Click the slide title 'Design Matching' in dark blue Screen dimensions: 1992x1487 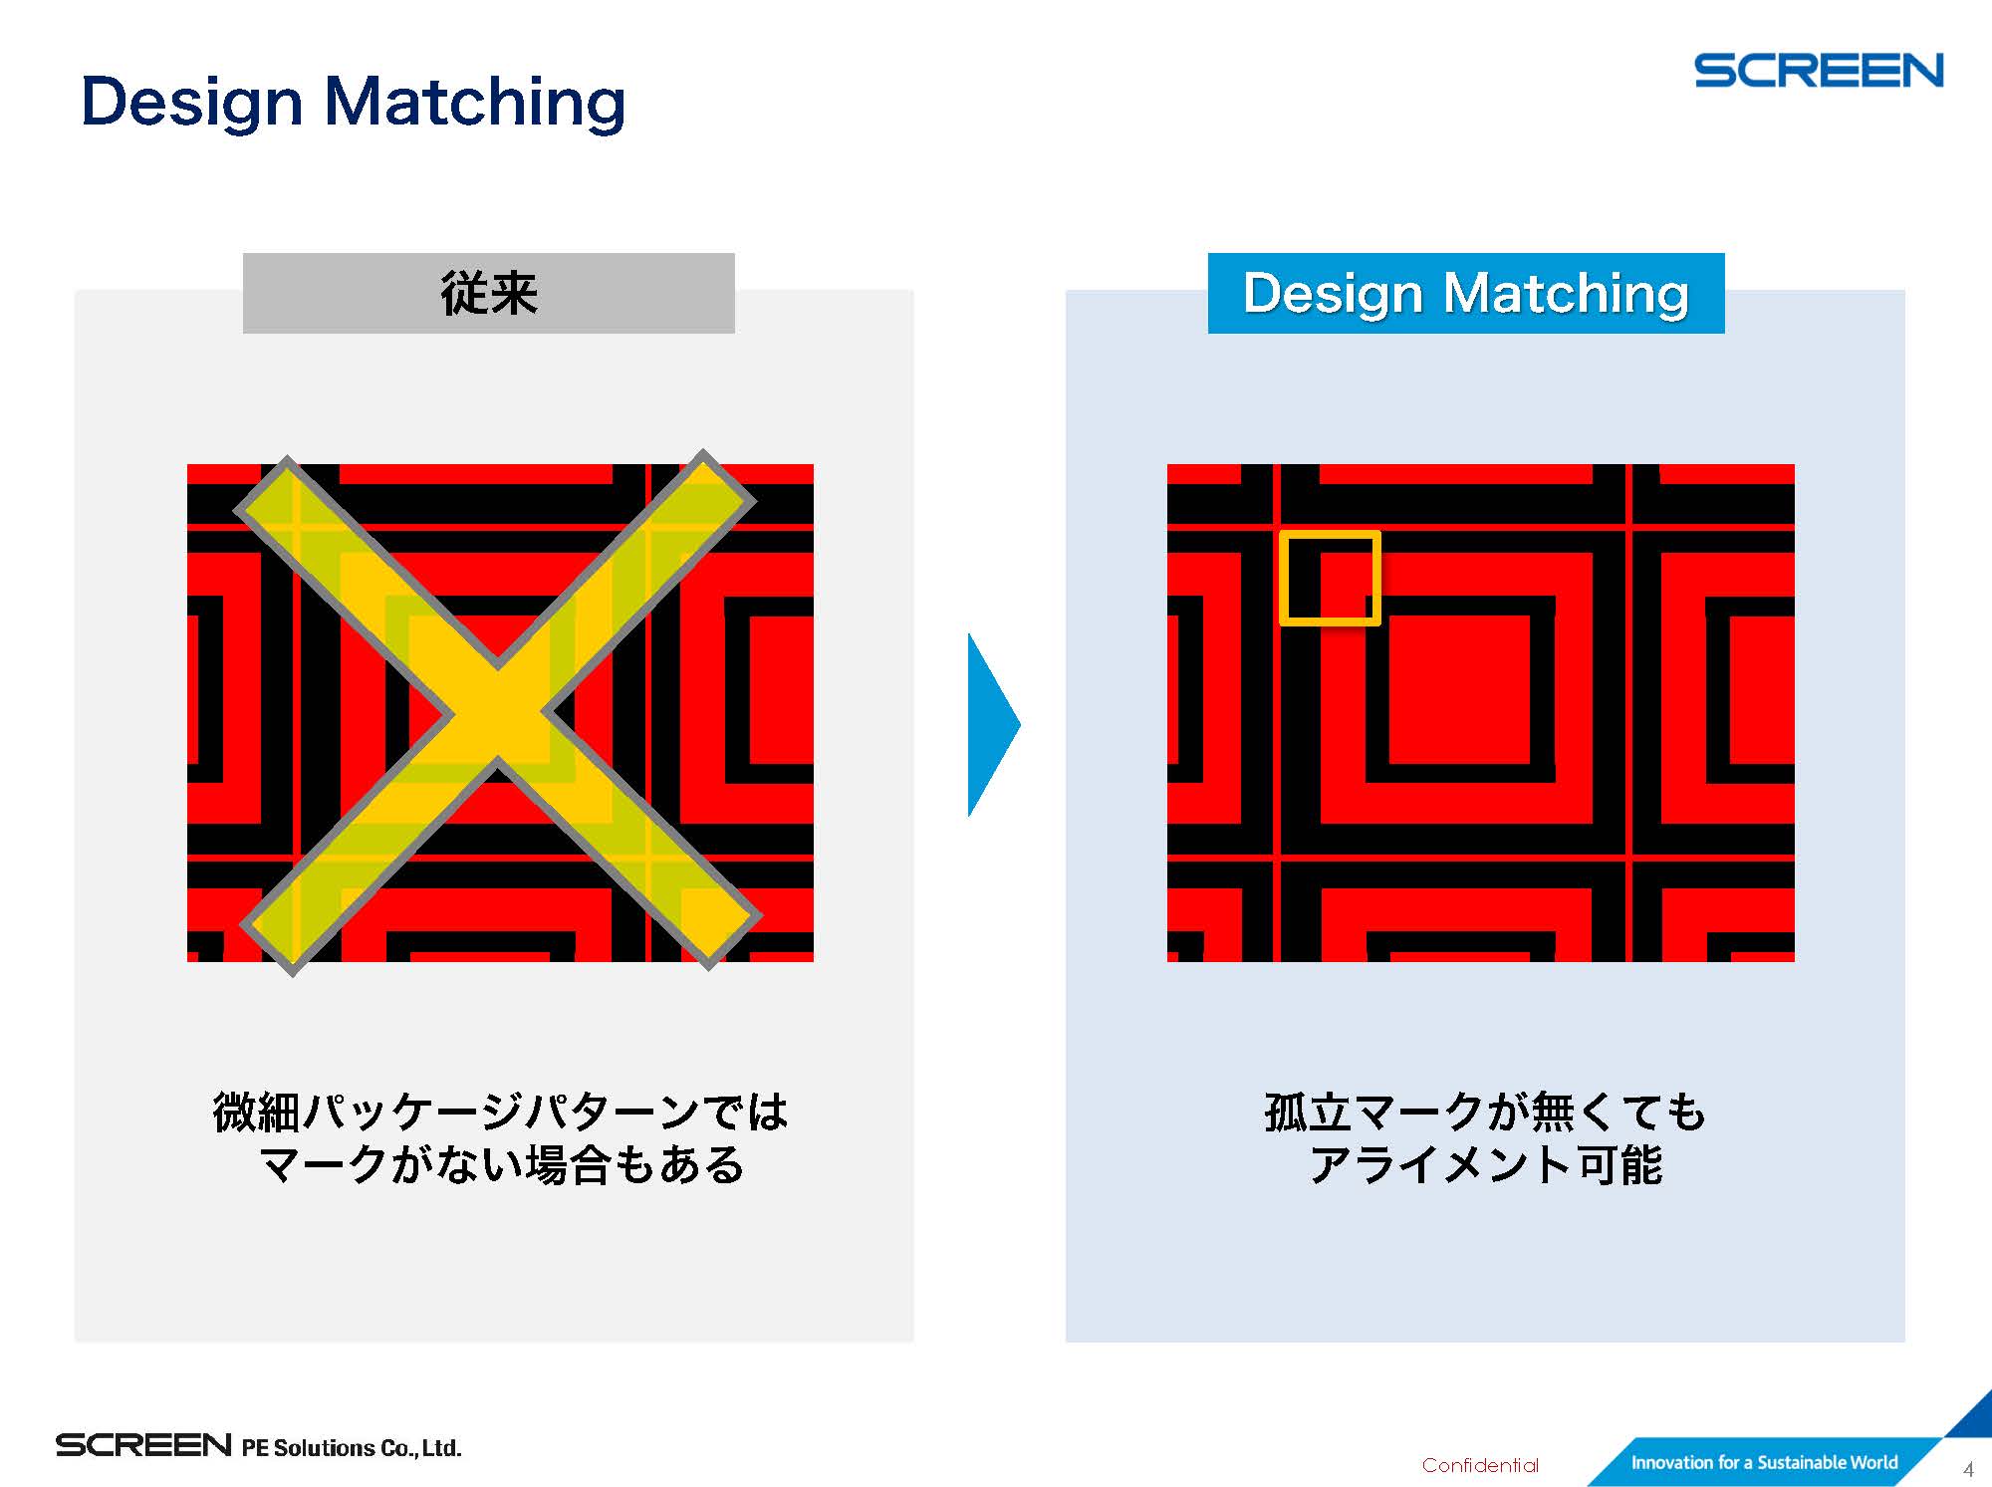point(354,103)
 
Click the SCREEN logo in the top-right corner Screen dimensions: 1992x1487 point(1819,71)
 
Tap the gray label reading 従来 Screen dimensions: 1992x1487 point(489,293)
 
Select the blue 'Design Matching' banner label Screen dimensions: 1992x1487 point(1466,293)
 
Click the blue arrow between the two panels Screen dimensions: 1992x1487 point(994,725)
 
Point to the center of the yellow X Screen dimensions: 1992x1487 point(498,713)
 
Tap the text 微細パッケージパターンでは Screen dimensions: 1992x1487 point(501,1113)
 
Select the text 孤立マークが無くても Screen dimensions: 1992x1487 point(1485,1113)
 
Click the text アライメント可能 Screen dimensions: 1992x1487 point(1485,1164)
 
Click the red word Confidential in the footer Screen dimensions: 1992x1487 point(1480,1465)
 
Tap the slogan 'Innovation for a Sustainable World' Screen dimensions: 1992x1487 point(1764,1462)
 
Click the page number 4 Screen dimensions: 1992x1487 point(1968,1469)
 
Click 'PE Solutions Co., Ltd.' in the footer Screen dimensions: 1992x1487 point(352,1447)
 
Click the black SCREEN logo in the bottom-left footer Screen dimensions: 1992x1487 point(143,1445)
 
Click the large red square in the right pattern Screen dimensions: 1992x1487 point(1459,690)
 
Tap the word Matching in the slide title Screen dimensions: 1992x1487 point(475,103)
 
